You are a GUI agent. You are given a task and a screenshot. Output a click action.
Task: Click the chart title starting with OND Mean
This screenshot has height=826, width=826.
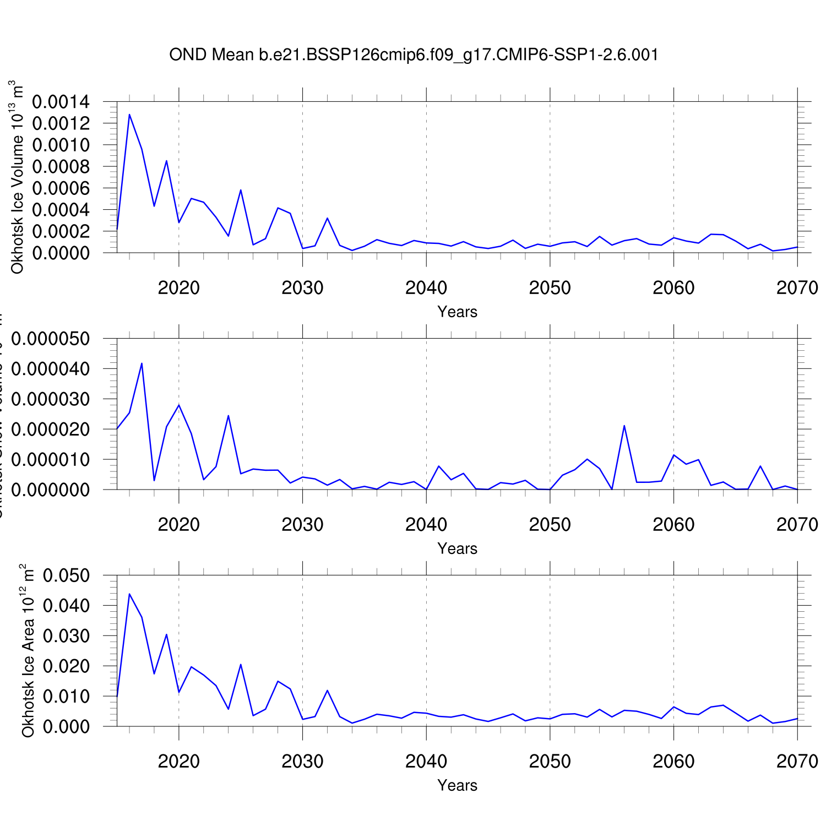[414, 55]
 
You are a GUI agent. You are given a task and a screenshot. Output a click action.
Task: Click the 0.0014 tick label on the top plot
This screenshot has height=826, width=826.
[61, 102]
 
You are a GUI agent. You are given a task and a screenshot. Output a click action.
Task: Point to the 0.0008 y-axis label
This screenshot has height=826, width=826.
[61, 166]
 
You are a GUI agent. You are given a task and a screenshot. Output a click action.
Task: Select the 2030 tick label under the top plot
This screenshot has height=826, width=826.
[302, 287]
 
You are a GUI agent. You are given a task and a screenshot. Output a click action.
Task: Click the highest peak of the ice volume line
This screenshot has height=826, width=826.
[129, 115]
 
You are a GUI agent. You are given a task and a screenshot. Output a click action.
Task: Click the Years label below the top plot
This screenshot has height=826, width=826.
[457, 312]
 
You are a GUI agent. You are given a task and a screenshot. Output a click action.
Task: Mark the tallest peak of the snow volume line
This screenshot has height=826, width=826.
[142, 363]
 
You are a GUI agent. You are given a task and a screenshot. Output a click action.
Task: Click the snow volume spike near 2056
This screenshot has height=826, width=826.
[624, 426]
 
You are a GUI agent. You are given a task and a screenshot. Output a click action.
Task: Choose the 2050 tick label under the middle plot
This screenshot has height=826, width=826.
[550, 524]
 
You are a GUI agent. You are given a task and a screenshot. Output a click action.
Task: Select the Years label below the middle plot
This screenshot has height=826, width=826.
[457, 548]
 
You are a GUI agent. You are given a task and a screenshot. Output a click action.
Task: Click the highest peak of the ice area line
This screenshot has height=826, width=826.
[129, 594]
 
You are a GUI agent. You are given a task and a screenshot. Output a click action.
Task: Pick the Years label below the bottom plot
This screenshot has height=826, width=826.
[457, 785]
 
